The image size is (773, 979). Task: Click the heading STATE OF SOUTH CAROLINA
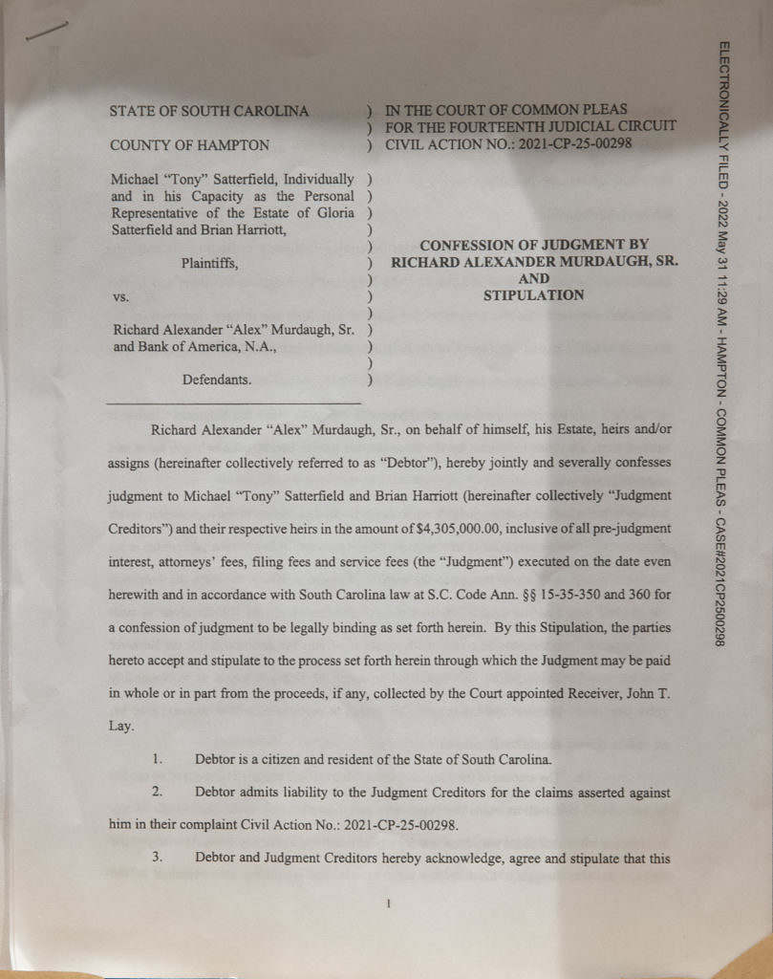tap(209, 111)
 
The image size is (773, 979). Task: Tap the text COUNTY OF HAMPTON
tap(189, 145)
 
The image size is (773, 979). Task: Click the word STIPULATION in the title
tap(533, 295)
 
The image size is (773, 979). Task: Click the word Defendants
tap(217, 381)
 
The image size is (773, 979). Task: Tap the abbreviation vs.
tap(120, 296)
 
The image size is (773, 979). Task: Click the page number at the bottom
tap(389, 902)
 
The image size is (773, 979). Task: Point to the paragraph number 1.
tap(160, 759)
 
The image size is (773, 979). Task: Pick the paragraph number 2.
tap(160, 792)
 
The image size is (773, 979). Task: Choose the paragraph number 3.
tap(160, 857)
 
